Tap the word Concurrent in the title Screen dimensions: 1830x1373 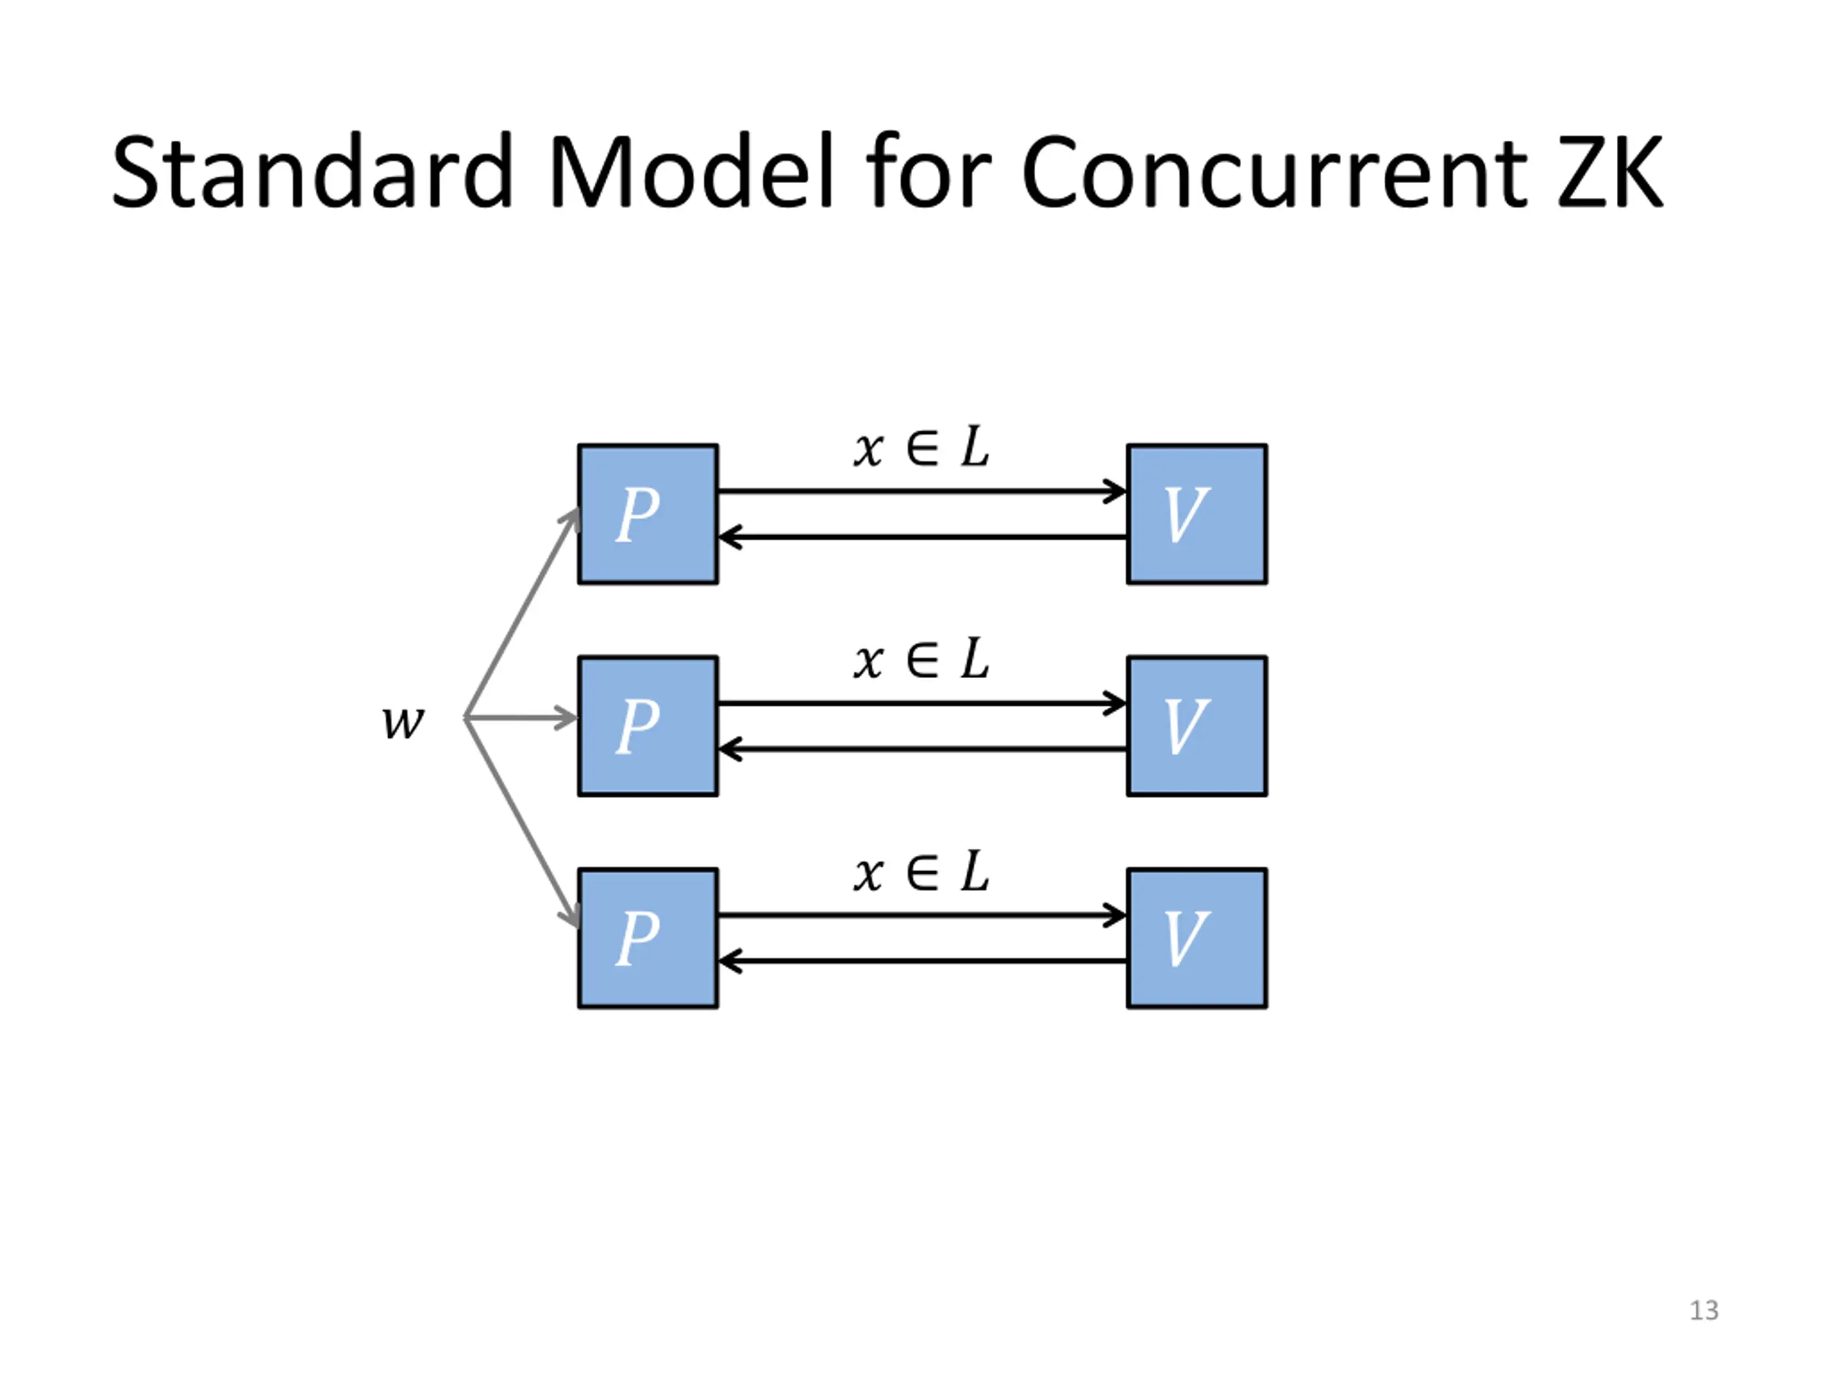(1274, 172)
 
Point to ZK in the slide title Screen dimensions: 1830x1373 (1610, 172)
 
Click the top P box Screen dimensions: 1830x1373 (648, 514)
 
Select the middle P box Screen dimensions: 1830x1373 (648, 726)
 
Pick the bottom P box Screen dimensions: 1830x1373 (648, 938)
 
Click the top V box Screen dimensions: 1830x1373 (1196, 514)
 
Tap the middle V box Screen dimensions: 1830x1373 (1196, 726)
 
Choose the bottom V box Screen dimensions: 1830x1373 (1196, 938)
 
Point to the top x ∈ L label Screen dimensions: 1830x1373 (921, 448)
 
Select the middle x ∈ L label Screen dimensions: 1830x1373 (921, 659)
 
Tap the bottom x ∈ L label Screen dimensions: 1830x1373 (921, 872)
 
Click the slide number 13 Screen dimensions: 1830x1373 (1703, 1310)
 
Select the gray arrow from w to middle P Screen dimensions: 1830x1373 (521, 717)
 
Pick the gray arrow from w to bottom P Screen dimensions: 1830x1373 (522, 822)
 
